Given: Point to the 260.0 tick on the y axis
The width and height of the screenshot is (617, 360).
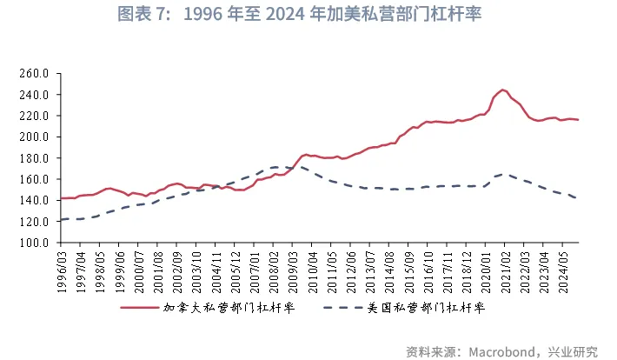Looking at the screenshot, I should point(31,73).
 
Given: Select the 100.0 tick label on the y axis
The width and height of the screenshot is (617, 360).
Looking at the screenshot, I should point(31,243).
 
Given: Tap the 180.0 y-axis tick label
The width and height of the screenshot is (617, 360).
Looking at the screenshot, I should point(31,158).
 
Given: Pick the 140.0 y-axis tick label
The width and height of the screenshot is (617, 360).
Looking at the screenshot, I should point(31,200).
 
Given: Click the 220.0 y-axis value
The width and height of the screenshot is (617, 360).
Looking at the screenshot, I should point(31,116).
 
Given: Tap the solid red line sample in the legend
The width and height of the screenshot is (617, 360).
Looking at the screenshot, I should point(139,308).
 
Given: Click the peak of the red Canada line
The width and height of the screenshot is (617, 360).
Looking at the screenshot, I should point(503,90).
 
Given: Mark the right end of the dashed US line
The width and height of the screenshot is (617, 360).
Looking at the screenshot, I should point(578,199).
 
